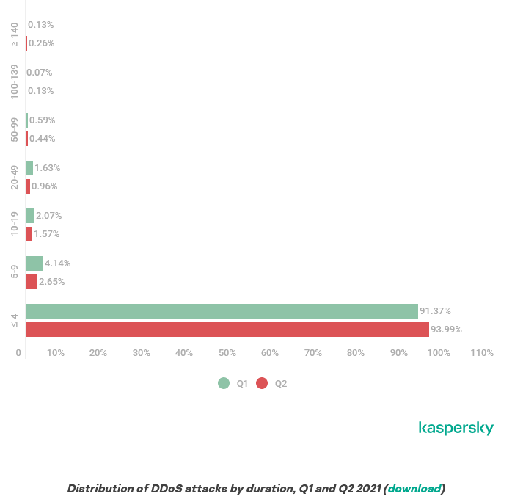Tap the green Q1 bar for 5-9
(34, 263)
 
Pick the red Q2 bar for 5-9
(32, 282)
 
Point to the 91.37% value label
(435, 311)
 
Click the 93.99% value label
(446, 330)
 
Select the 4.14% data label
(57, 263)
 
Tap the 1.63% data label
(47, 168)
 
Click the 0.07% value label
(40, 73)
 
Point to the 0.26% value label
(41, 43)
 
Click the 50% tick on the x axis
(227, 353)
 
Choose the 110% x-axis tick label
(482, 353)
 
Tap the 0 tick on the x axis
(19, 353)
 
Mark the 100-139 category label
(15, 81)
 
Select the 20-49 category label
(15, 177)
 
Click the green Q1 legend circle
(224, 383)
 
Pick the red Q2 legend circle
(262, 383)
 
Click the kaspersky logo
(456, 428)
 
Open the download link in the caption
(414, 489)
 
